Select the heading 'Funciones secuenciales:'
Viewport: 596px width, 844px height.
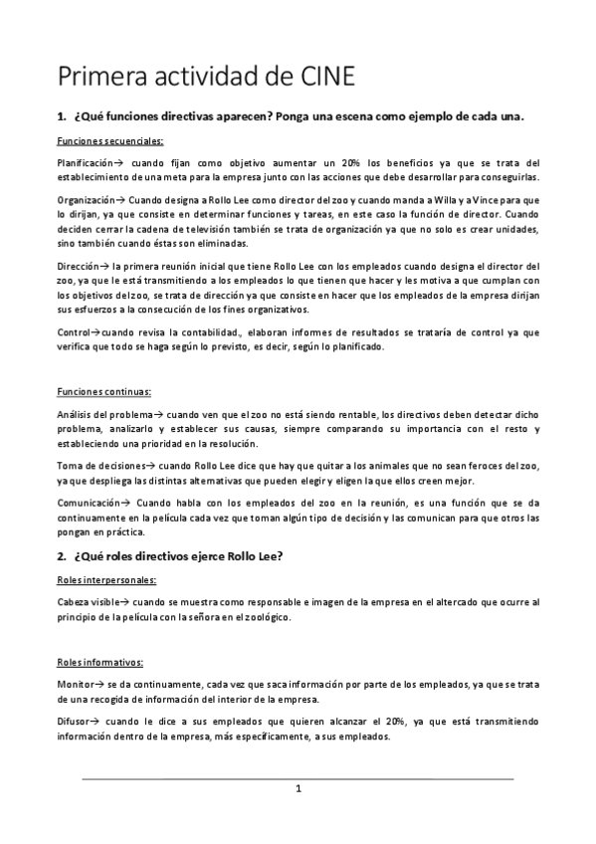point(110,140)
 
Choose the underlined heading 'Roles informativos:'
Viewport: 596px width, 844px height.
point(100,661)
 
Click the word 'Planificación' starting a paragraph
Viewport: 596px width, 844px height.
point(87,162)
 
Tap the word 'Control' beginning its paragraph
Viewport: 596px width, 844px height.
point(75,332)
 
